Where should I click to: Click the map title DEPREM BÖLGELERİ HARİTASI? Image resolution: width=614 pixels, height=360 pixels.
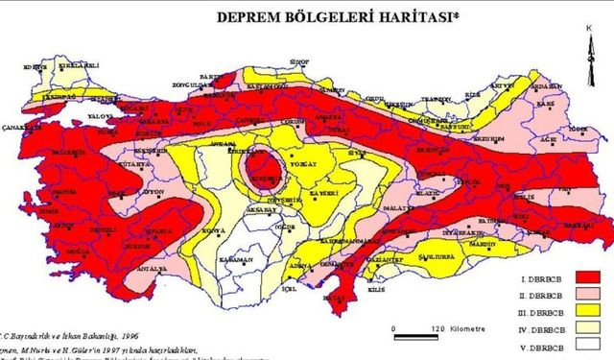point(318,16)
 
